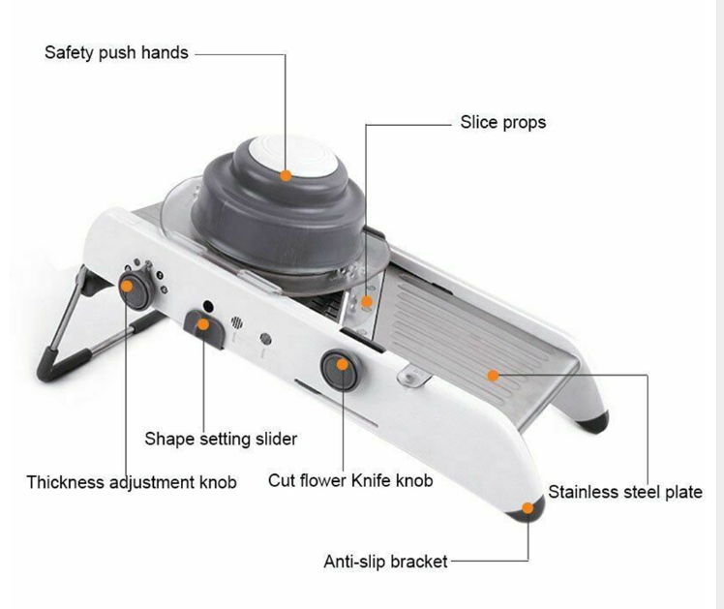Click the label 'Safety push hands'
(x=116, y=53)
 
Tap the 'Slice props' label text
(x=502, y=123)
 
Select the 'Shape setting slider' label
(x=221, y=440)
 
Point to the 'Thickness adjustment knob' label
(x=132, y=482)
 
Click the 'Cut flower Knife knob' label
(x=350, y=480)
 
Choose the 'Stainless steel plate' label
(x=625, y=492)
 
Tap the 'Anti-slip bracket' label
(x=385, y=562)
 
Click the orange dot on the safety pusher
(x=286, y=175)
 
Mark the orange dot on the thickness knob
(x=127, y=287)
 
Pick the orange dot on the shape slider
(x=202, y=324)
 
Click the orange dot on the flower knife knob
(x=342, y=365)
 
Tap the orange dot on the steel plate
(x=493, y=376)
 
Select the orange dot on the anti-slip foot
(x=528, y=508)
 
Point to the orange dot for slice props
(x=367, y=301)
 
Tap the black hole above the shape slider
(x=208, y=306)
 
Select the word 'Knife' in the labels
(x=365, y=480)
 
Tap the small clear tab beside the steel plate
(x=413, y=376)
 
